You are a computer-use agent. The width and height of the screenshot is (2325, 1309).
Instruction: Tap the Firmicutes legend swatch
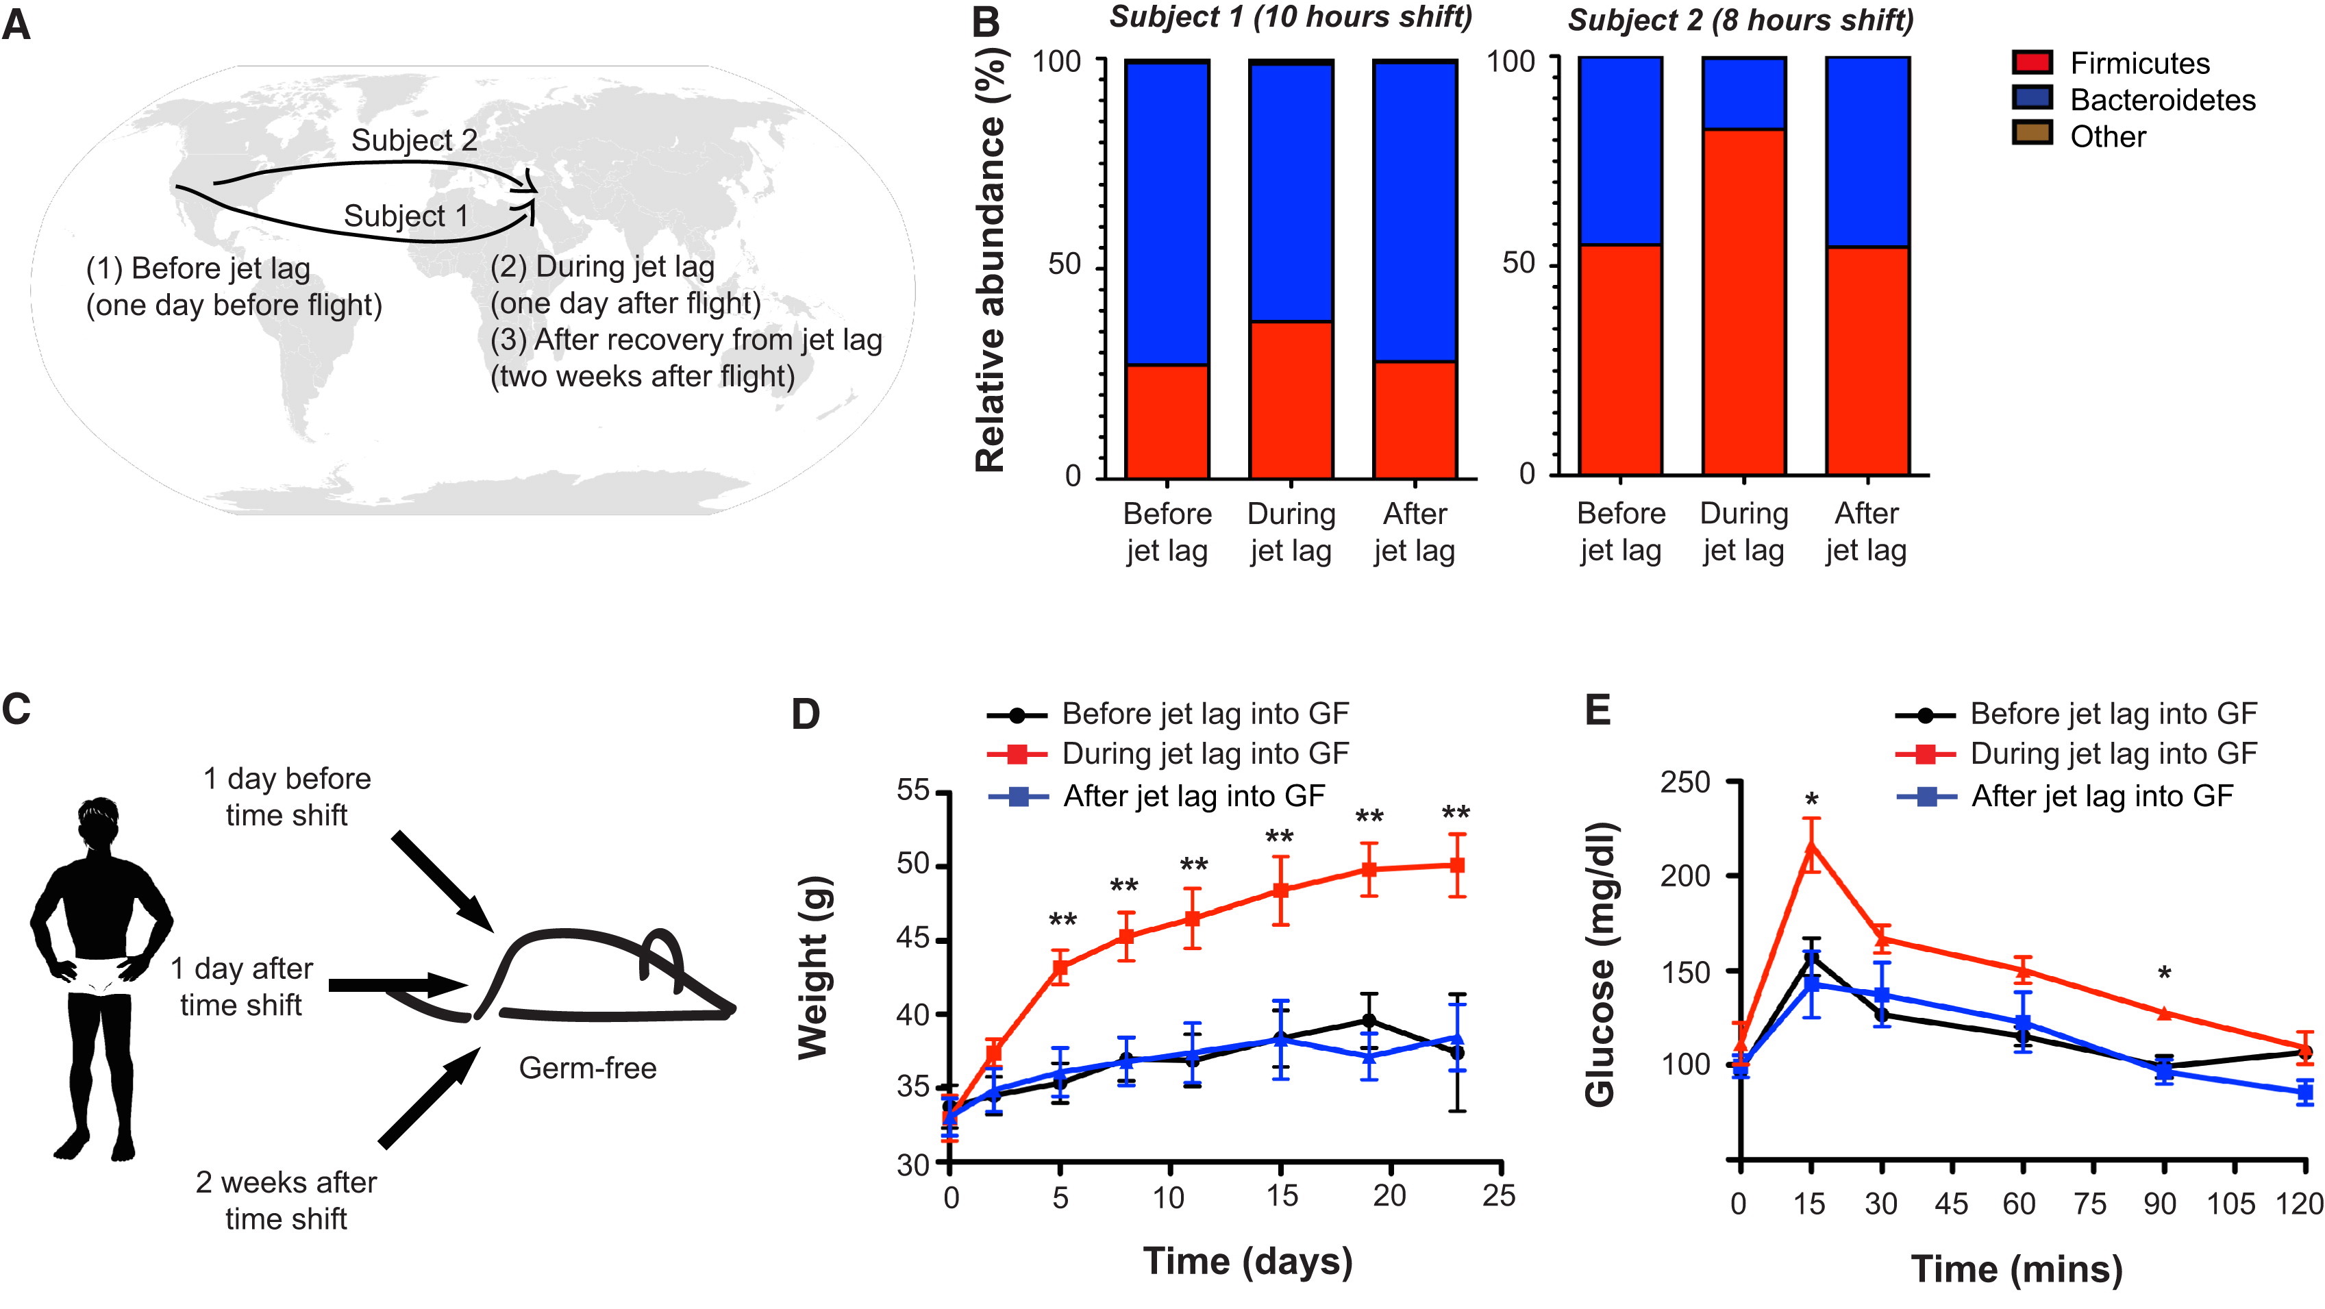pyautogui.click(x=2032, y=62)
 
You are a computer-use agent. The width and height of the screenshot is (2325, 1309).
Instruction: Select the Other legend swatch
pyautogui.click(x=2032, y=134)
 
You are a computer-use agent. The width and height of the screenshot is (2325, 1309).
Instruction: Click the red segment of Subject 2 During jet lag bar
pyautogui.click(x=1743, y=303)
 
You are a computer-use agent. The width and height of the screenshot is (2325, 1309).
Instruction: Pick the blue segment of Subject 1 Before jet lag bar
pyautogui.click(x=1167, y=213)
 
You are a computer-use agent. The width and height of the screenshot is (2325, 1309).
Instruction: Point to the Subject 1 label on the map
pyautogui.click(x=406, y=216)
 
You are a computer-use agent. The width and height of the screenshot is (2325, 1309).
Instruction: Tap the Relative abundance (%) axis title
pyautogui.click(x=990, y=262)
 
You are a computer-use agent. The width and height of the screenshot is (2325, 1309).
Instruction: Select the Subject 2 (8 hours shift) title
pyautogui.click(x=1740, y=20)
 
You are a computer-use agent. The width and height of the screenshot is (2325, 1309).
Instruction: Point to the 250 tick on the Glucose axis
pyautogui.click(x=1685, y=782)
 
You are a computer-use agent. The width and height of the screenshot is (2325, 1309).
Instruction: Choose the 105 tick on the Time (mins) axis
pyautogui.click(x=2231, y=1204)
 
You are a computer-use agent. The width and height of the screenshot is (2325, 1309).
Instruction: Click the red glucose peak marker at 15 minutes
pyautogui.click(x=1811, y=845)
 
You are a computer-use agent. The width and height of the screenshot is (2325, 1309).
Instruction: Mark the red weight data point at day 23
pyautogui.click(x=1456, y=865)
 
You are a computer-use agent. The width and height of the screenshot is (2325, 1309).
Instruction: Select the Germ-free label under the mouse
pyautogui.click(x=588, y=1068)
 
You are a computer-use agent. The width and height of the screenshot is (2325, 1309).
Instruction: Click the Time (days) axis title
pyautogui.click(x=1247, y=1260)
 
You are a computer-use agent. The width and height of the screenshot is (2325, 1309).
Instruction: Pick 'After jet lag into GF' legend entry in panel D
pyautogui.click(x=1193, y=796)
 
